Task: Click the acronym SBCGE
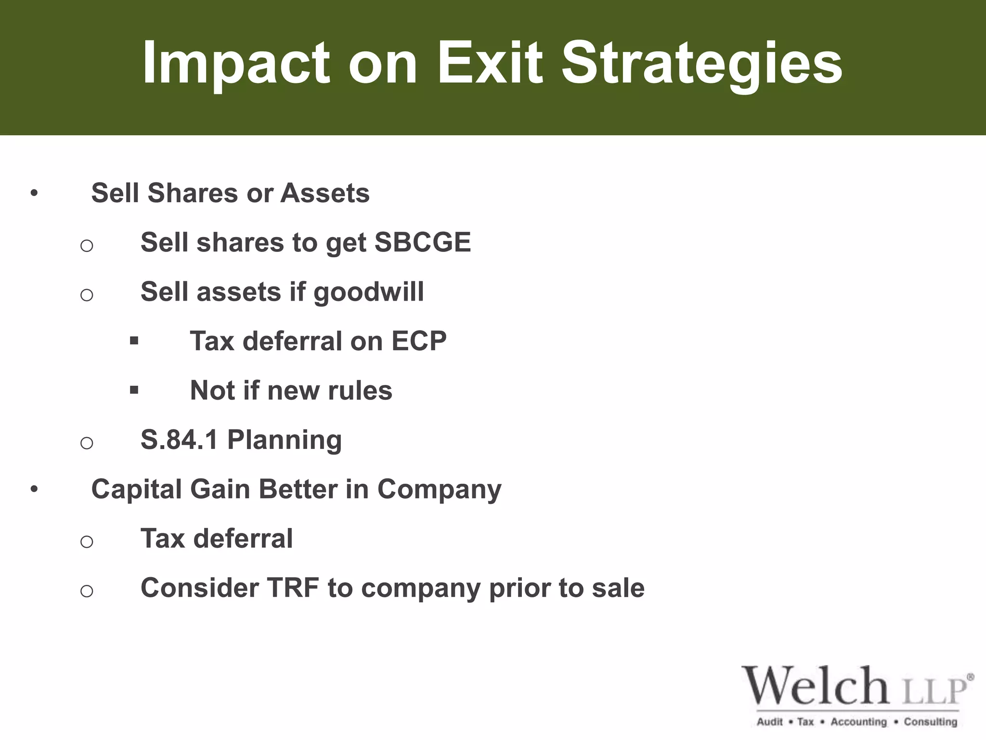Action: [422, 242]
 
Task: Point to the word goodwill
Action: [369, 292]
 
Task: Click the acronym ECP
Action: [419, 341]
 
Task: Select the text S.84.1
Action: [179, 439]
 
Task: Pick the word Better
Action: [298, 489]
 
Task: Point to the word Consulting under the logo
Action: [930, 722]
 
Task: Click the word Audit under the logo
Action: [769, 722]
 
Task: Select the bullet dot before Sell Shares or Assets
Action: [34, 194]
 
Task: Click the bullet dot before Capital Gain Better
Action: [34, 489]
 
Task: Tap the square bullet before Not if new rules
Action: [134, 390]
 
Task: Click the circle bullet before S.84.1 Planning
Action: [87, 442]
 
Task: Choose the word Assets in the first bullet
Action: [325, 193]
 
